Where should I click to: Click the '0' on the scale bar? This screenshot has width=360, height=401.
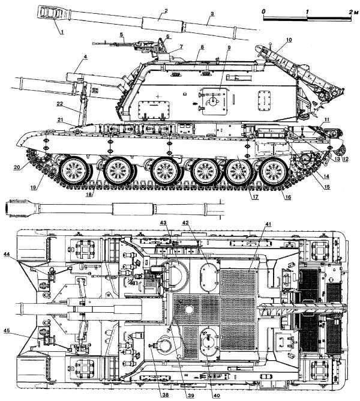pyautogui.click(x=263, y=12)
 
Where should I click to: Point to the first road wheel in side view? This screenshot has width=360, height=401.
pyautogui.click(x=73, y=170)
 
